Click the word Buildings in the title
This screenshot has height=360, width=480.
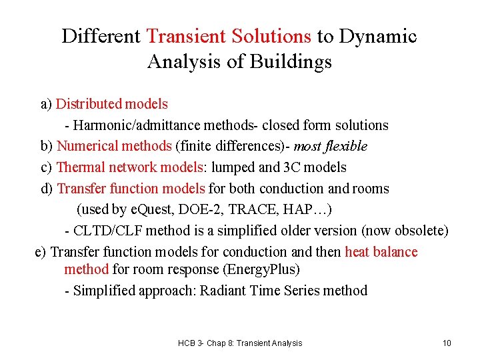coord(292,62)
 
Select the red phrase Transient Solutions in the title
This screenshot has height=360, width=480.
coord(229,36)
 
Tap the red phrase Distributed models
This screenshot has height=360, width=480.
coord(111,104)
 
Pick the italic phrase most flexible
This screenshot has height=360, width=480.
coord(330,146)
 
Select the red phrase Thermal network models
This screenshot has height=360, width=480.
coord(131,167)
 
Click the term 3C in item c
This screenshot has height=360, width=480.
coord(294,167)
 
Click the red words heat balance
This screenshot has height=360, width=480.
coord(381,252)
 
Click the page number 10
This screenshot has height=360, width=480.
coord(447,343)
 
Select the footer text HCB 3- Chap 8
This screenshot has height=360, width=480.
coord(203,343)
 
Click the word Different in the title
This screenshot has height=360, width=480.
coord(101,36)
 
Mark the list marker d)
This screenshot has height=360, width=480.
coord(47,189)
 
